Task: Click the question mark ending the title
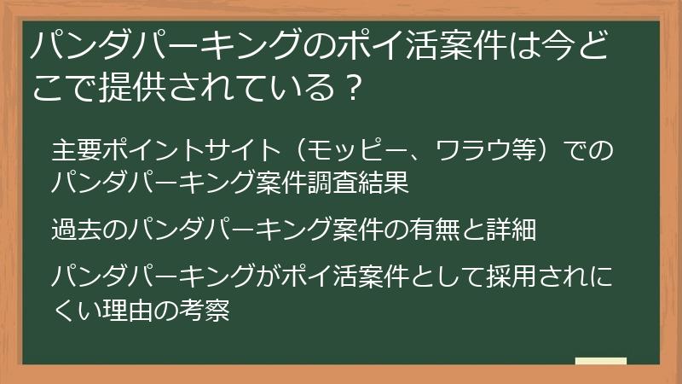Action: coord(353,88)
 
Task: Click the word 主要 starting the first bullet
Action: coord(77,150)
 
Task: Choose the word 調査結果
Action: coord(358,183)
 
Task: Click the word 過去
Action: coord(77,230)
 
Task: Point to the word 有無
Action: coord(435,230)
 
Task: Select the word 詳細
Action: coord(511,230)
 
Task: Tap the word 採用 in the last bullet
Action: coord(511,276)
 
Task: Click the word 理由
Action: coord(127,310)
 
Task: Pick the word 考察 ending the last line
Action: coord(204,310)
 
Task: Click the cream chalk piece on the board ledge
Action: coord(601,361)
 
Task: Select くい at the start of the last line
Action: coord(77,310)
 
